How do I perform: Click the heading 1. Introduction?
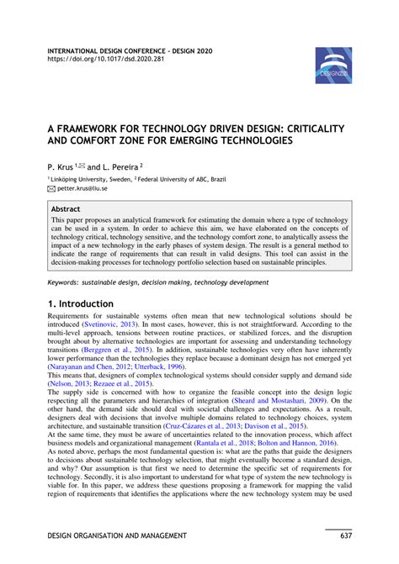[x=80, y=303]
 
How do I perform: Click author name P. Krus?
[x=61, y=166]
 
